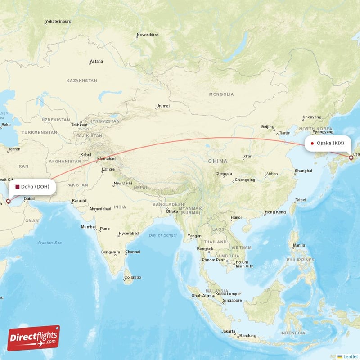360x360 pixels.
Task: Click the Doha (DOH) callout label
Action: coord(32,187)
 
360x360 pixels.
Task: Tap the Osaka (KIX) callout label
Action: coord(328,143)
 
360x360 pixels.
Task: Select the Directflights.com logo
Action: coord(34,338)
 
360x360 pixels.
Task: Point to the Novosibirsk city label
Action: coord(148,35)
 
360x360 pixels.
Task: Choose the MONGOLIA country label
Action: coord(221,94)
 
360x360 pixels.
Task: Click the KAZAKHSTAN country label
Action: coord(81,81)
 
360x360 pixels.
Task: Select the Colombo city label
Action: coord(132,277)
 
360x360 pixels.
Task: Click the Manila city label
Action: coord(299,245)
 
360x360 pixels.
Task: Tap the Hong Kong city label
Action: coord(275,212)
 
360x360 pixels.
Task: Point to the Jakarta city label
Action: coord(228,331)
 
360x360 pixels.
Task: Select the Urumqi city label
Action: coord(162,106)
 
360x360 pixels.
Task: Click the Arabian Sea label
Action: coord(49,243)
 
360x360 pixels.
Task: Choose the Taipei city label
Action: coord(300,199)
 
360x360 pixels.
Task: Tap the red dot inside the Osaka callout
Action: coord(312,144)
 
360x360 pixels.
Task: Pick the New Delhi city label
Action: coord(122,183)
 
